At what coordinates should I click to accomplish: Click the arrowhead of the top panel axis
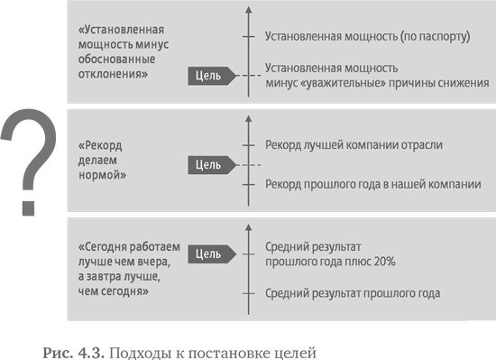244,11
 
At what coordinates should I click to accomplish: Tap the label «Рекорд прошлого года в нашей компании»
373,184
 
